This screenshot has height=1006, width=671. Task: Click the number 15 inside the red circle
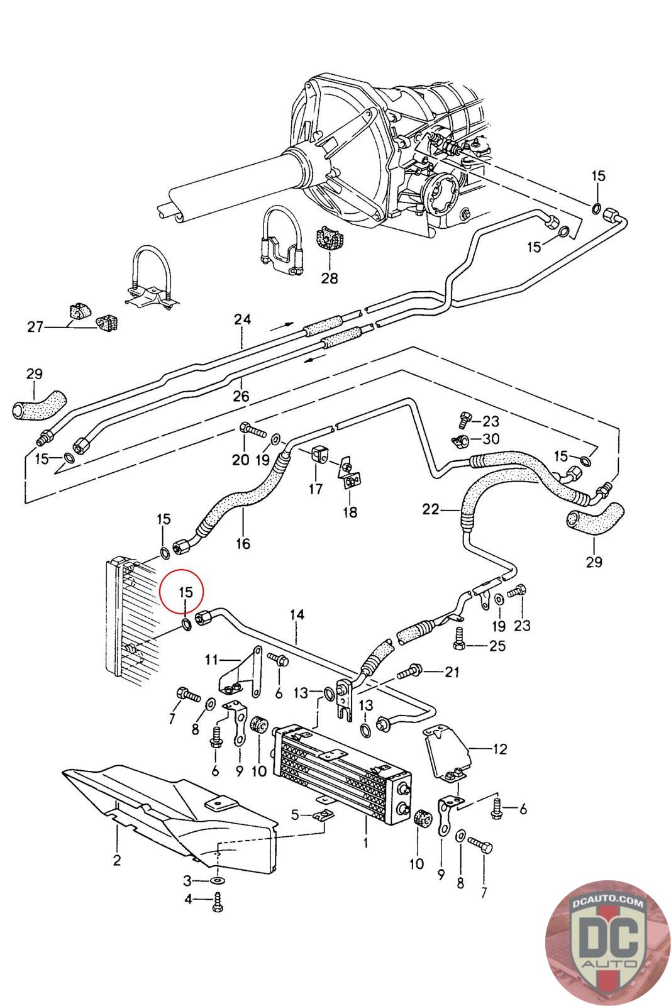186,592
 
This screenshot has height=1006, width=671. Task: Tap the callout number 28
329,277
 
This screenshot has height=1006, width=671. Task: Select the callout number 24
242,320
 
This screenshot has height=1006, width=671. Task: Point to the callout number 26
241,396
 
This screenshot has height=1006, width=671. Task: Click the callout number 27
35,327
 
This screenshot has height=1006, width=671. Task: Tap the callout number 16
243,543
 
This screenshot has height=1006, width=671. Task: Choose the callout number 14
297,614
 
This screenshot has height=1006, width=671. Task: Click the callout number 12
499,749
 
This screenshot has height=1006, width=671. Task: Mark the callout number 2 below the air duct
117,860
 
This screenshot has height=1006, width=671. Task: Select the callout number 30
491,438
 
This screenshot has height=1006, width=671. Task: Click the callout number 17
315,489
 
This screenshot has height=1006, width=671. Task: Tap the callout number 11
211,660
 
